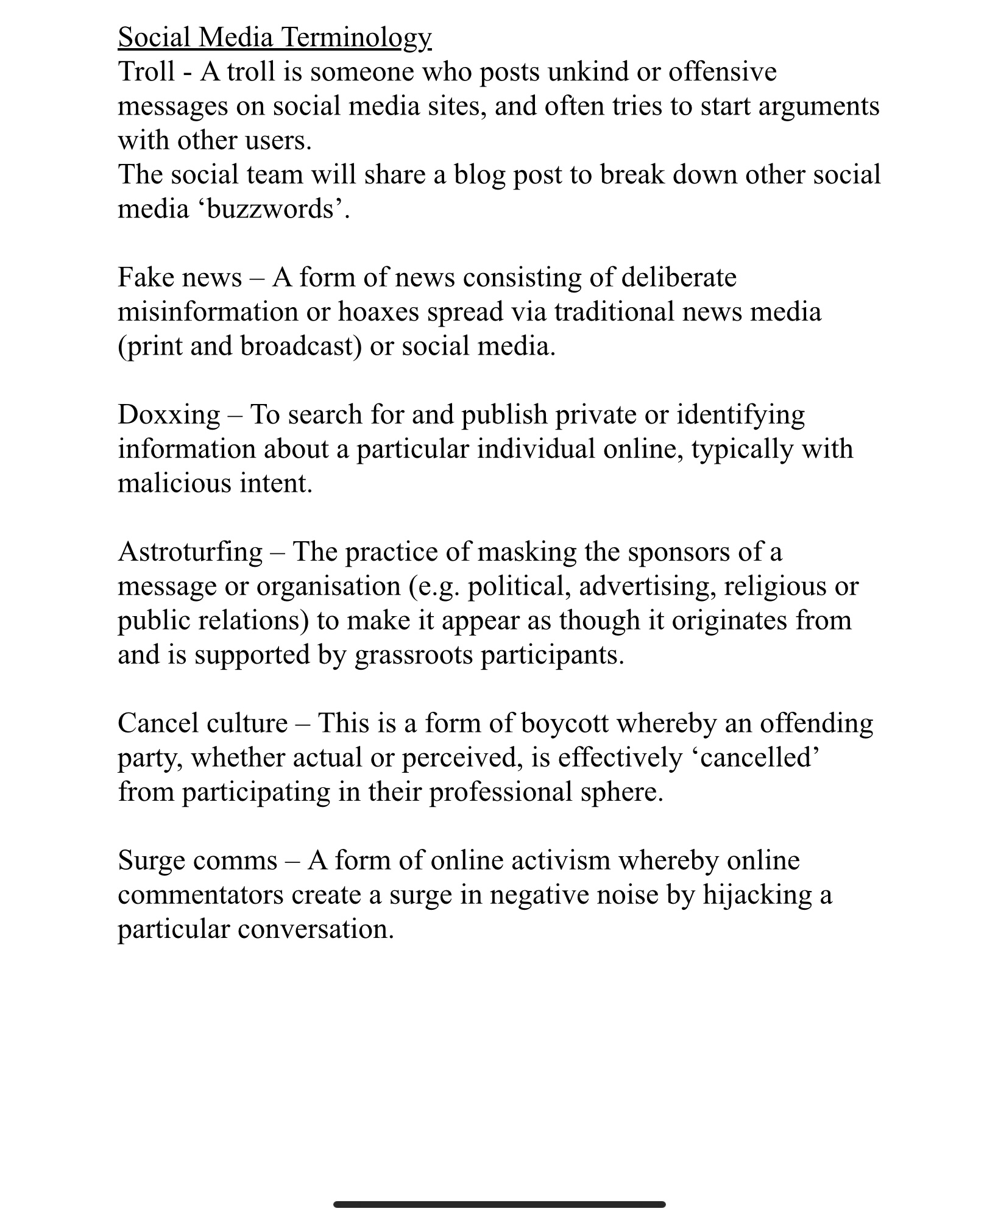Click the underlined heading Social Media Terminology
coord(274,38)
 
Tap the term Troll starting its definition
coord(146,72)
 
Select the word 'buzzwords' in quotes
coord(270,209)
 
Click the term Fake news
coord(180,278)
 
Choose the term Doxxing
coord(169,415)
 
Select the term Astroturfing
coord(190,552)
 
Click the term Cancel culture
coord(202,723)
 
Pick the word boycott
coord(564,723)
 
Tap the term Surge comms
coord(197,860)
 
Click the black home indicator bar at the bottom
coord(499,1187)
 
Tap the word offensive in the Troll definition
coord(723,72)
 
